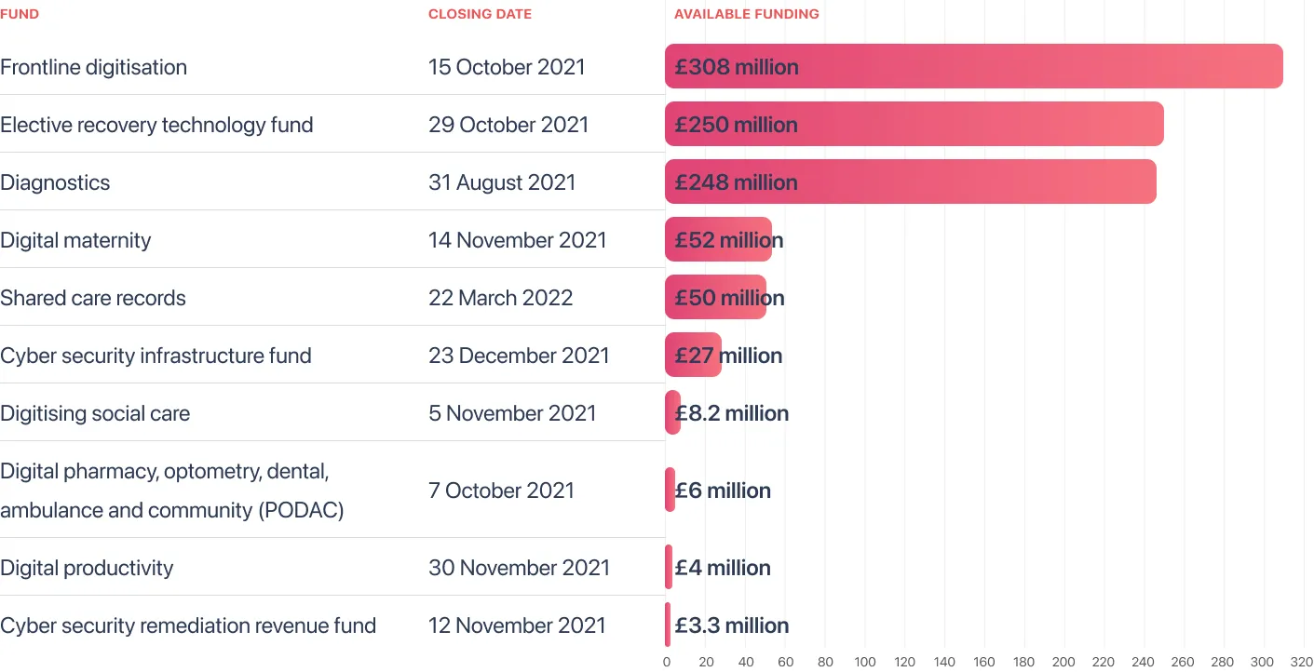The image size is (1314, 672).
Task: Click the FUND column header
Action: coord(20,14)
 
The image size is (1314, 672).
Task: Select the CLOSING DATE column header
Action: coord(480,14)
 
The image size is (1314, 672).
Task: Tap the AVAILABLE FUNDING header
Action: coord(746,14)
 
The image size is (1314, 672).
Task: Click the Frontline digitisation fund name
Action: coord(94,67)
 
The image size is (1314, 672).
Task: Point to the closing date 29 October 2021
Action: coord(508,125)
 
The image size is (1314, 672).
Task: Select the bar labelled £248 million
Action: coord(911,181)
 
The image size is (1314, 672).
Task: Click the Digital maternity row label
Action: coord(75,240)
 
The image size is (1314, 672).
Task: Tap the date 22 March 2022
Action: coord(500,298)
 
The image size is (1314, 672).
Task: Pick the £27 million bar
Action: coord(693,355)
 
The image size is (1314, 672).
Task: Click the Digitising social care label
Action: coord(95,413)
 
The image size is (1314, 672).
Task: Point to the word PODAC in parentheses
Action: coord(302,510)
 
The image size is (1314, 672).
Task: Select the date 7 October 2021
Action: coord(501,491)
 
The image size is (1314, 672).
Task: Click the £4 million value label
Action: coord(722,568)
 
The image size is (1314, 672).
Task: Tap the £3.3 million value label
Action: coord(731,625)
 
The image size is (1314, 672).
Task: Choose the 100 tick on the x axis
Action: coord(864,662)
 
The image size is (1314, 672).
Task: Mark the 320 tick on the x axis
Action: coord(1302,662)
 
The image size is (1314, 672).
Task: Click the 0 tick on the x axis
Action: coord(667,662)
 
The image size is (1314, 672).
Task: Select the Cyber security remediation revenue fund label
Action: coord(188,625)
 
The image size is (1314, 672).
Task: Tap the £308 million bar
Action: coord(974,66)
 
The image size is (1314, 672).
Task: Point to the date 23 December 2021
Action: coord(519,356)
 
